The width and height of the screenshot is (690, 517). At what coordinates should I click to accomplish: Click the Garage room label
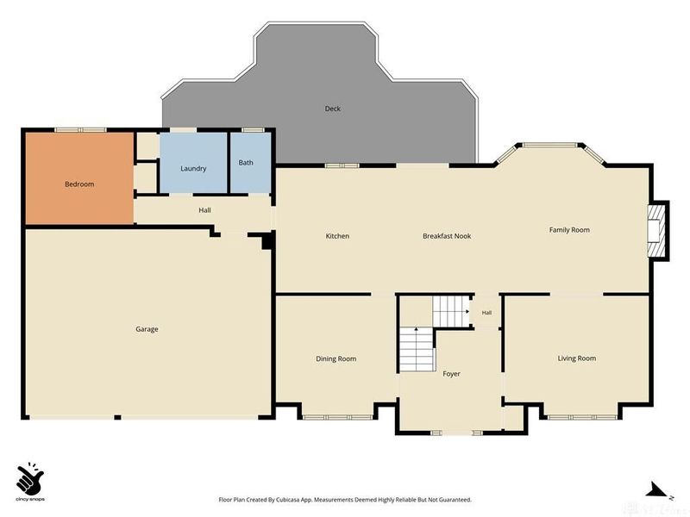[147, 329]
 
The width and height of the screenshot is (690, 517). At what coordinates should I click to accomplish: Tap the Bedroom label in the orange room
[79, 184]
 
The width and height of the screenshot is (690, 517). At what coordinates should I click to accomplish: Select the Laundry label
[193, 168]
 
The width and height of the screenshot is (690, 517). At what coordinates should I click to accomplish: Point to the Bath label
[246, 163]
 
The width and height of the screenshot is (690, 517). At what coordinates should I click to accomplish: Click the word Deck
[332, 109]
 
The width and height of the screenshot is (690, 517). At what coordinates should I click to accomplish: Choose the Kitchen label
[337, 236]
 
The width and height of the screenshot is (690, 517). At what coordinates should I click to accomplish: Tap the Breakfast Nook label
[447, 236]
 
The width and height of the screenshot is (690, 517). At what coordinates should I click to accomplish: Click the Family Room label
[569, 230]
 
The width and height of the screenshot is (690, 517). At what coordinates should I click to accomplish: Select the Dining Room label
[336, 358]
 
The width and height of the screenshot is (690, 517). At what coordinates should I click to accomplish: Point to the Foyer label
[451, 374]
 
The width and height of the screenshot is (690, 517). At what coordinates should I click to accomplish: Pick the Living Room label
[576, 358]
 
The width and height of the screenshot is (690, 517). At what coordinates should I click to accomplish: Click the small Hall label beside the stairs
[486, 313]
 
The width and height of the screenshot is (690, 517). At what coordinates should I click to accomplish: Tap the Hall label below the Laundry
[204, 210]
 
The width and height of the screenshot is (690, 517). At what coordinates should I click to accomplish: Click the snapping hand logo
[30, 478]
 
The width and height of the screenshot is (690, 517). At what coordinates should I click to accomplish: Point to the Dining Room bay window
[338, 417]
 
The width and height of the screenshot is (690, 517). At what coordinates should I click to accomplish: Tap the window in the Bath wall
[251, 130]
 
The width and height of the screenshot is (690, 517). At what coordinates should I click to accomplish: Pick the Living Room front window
[581, 417]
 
